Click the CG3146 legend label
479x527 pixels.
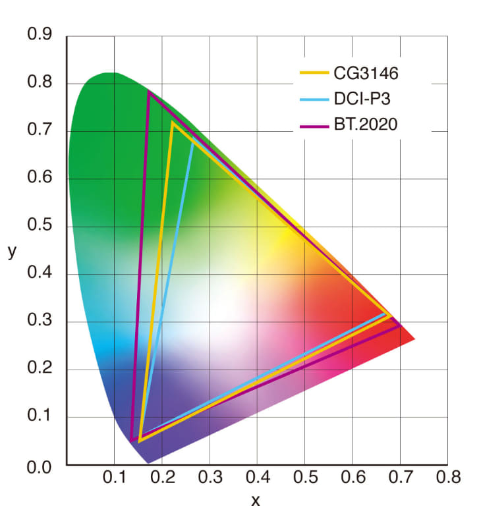(365, 73)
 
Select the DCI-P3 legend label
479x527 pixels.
(364, 98)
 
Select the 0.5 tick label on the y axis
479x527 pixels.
(39, 226)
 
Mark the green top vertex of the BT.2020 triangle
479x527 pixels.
(149, 92)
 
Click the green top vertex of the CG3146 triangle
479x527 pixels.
(173, 123)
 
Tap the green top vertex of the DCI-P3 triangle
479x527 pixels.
(192, 140)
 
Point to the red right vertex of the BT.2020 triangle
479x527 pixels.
(400, 325)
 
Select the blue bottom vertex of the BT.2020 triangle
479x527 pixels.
(132, 439)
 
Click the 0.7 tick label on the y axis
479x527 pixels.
(39, 130)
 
